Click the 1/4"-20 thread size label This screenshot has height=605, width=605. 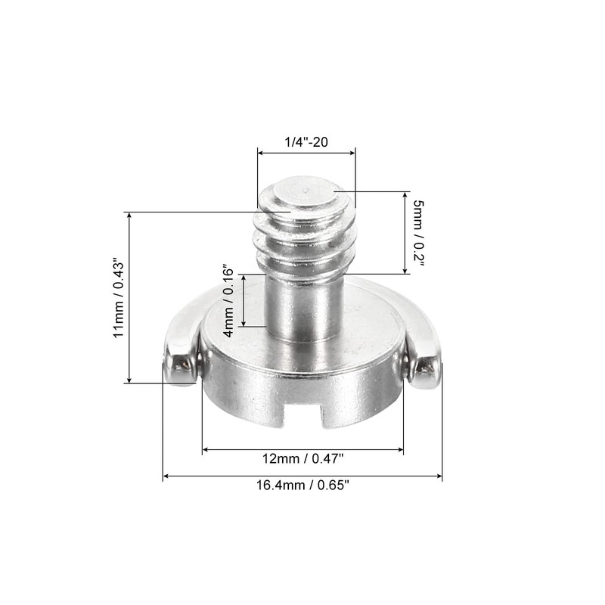point(306,141)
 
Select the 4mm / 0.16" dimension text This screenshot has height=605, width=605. point(228,300)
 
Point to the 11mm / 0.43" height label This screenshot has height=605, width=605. point(118,298)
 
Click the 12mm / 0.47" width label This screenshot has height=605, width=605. point(302,459)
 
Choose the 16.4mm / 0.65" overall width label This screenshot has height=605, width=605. point(302,486)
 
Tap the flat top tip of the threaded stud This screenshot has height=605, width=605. point(304,191)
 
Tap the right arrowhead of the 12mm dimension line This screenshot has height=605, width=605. point(400,450)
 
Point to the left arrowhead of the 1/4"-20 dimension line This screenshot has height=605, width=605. point(261,154)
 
